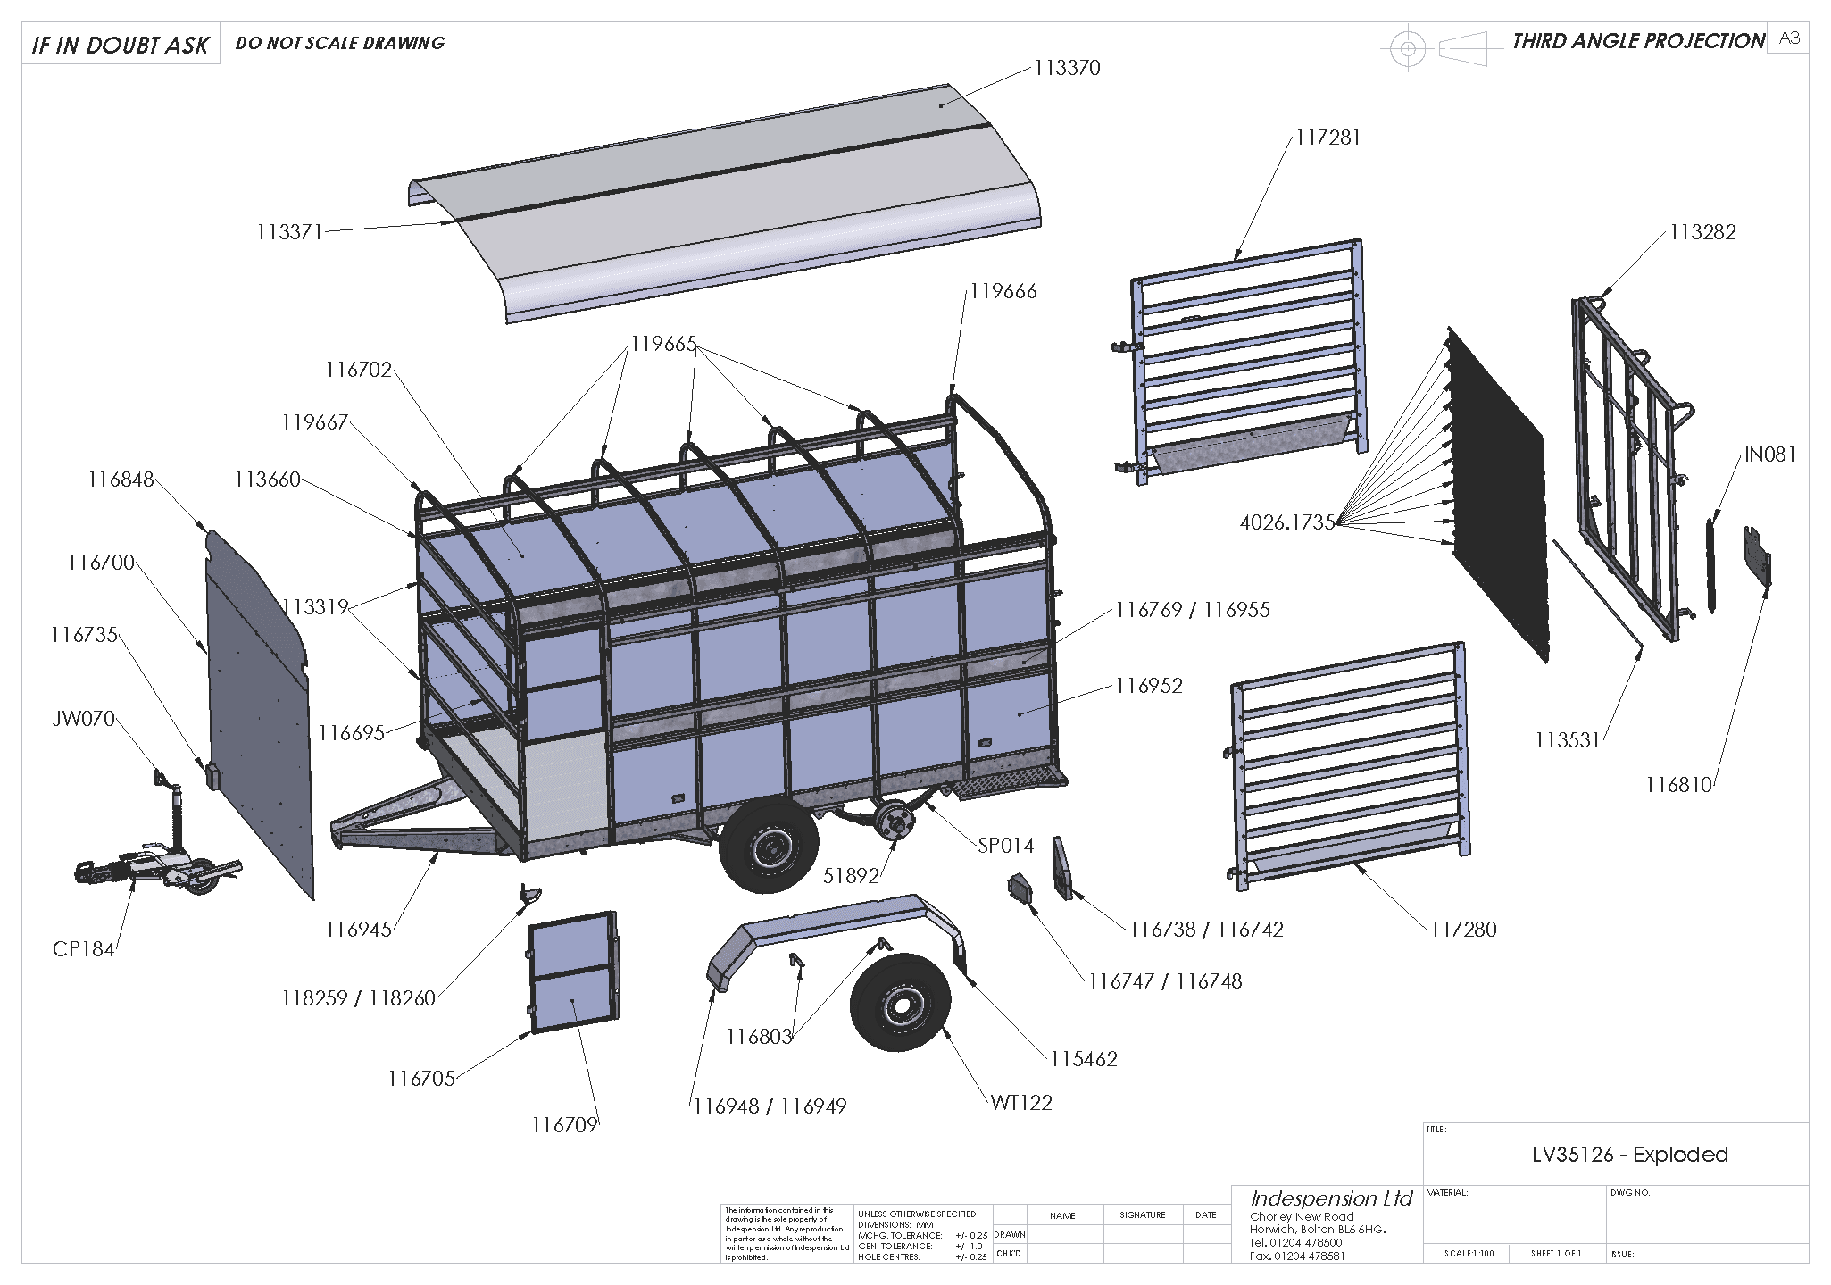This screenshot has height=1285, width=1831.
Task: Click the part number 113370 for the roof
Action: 1067,68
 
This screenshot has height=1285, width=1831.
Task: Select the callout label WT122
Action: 1021,1103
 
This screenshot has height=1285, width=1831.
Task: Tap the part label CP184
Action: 84,949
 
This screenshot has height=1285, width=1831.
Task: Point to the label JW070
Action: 84,719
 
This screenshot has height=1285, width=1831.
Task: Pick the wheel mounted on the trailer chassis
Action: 769,845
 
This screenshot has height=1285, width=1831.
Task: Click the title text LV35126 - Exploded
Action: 1629,1155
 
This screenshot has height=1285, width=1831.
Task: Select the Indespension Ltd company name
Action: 1331,1198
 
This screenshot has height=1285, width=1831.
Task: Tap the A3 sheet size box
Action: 1789,38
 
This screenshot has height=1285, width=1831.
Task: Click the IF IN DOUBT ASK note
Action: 121,46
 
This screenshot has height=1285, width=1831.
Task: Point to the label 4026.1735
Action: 1286,522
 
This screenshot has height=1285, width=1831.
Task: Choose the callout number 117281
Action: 1327,138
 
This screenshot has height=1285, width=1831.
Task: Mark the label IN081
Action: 1769,455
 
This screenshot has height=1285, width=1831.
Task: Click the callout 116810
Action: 1678,785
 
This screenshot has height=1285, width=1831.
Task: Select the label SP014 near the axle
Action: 1005,846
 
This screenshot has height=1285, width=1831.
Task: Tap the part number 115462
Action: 1083,1059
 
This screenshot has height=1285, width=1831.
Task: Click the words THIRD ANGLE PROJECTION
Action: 1638,42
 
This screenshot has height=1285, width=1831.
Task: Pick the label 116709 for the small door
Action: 564,1125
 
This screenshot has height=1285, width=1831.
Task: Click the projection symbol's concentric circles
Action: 1408,48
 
